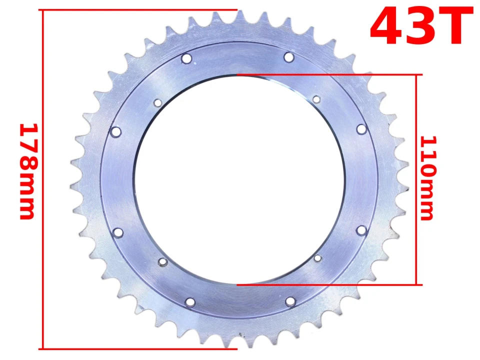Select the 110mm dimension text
tap(427, 178)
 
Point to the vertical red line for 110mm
tap(415, 180)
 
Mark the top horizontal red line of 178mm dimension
tap(140, 10)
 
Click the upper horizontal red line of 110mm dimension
tap(330, 75)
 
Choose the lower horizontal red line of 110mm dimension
tap(330, 285)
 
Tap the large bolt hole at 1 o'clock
tap(289, 57)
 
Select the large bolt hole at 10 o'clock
tap(116, 132)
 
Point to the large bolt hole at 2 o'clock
tap(361, 129)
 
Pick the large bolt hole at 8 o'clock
tap(118, 232)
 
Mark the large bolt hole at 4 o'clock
tap(362, 230)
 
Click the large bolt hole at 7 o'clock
tap(190, 302)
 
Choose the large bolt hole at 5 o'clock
tap(290, 301)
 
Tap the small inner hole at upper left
tap(157, 103)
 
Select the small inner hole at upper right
tap(316, 99)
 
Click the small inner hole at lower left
tap(162, 261)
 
